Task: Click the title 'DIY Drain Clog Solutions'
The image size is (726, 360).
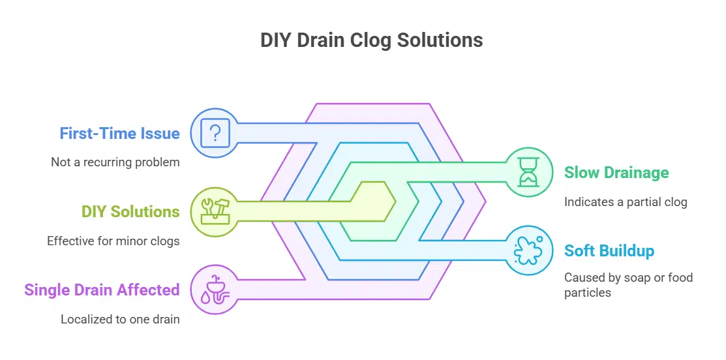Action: pyautogui.click(x=371, y=40)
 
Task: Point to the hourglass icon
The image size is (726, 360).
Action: pyautogui.click(x=529, y=172)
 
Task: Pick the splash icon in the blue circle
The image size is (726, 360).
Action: pyautogui.click(x=529, y=250)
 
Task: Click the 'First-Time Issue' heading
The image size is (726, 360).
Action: pyautogui.click(x=119, y=134)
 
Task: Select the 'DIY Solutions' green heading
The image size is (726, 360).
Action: pyautogui.click(x=130, y=212)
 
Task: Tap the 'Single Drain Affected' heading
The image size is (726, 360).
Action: pyautogui.click(x=102, y=290)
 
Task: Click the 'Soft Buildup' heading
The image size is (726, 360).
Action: pyautogui.click(x=609, y=251)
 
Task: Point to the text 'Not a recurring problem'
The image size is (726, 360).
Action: pyautogui.click(x=115, y=162)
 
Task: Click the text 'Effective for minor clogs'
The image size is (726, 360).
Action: pyautogui.click(x=113, y=241)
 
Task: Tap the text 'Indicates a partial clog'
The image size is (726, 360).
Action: pyautogui.click(x=626, y=202)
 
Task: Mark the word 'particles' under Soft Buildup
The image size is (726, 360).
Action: pyautogui.click(x=588, y=293)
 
